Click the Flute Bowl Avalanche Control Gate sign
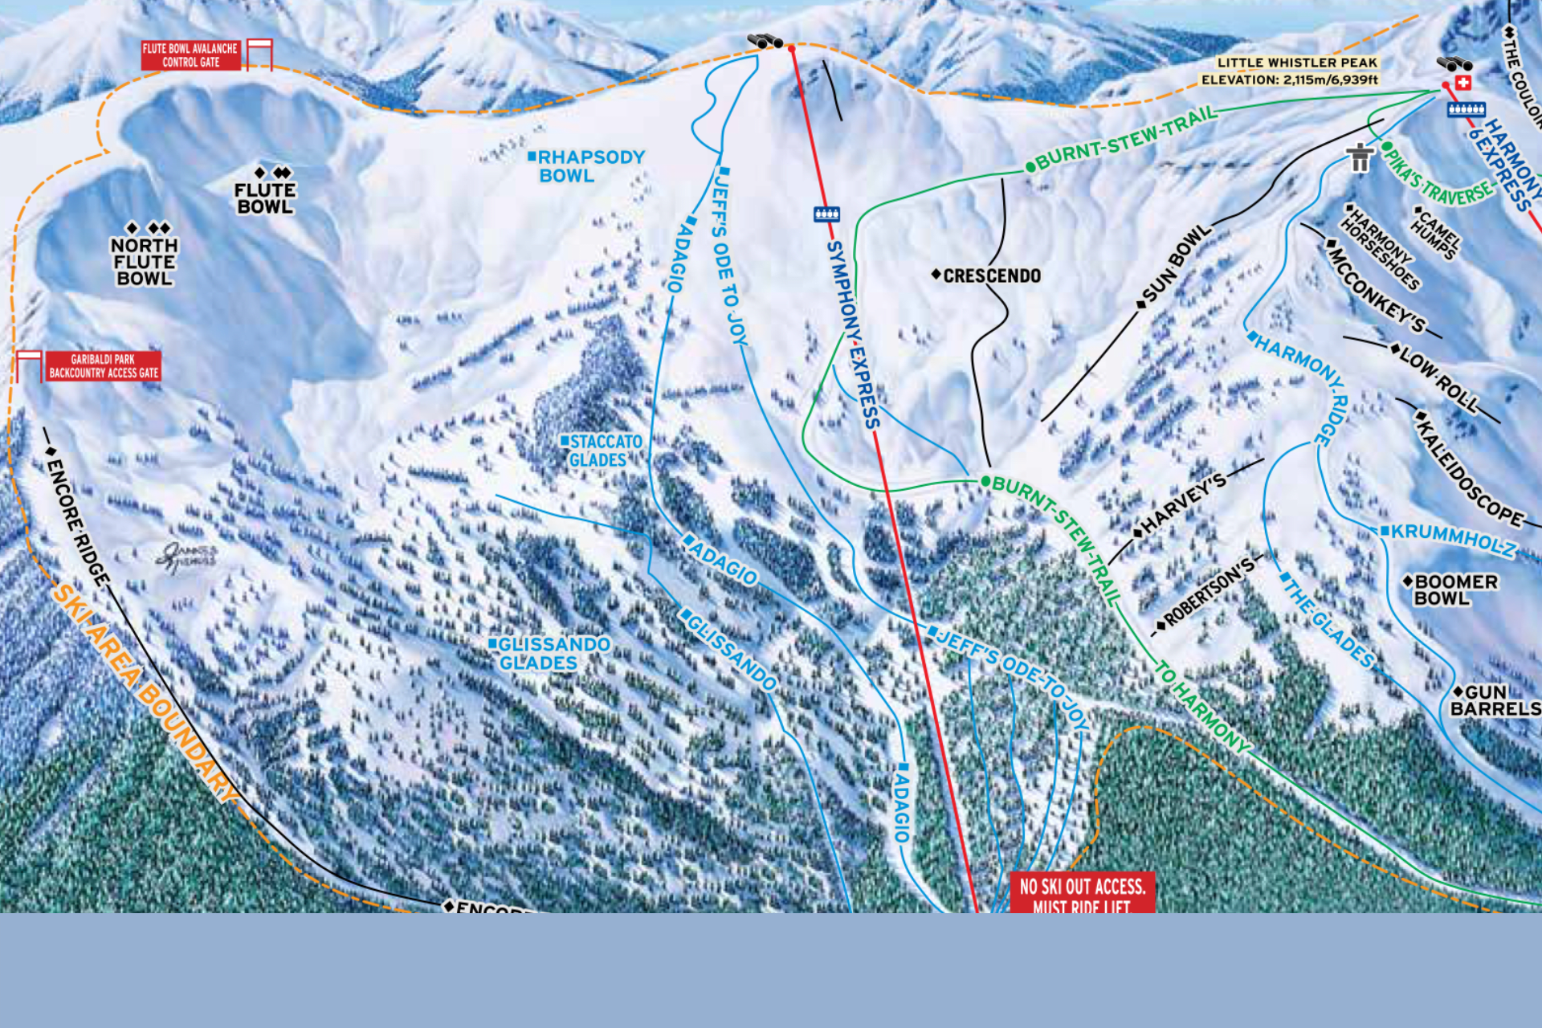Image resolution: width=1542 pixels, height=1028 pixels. tap(190, 55)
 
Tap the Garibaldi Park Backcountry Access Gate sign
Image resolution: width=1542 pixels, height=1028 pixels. tap(104, 366)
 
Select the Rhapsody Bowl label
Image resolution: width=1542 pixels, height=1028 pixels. tap(587, 166)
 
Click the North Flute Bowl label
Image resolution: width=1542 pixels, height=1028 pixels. tap(145, 261)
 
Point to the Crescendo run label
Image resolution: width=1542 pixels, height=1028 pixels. tap(990, 275)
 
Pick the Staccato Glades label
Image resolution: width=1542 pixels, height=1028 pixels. tap(602, 451)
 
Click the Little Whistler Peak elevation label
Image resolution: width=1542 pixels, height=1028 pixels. tap(1290, 71)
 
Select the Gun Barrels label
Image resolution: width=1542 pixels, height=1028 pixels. tap(1495, 700)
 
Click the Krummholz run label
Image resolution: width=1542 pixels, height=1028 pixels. tap(1450, 540)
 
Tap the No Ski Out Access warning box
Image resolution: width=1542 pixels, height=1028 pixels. tap(1082, 893)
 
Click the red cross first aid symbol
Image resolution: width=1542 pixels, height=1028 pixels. tap(1463, 83)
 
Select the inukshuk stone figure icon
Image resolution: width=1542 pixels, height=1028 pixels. tap(1360, 157)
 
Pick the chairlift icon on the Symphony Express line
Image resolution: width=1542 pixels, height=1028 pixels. tap(826, 214)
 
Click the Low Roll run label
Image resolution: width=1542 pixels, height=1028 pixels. tap(1437, 378)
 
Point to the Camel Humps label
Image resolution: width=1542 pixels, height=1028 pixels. tap(1435, 234)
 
